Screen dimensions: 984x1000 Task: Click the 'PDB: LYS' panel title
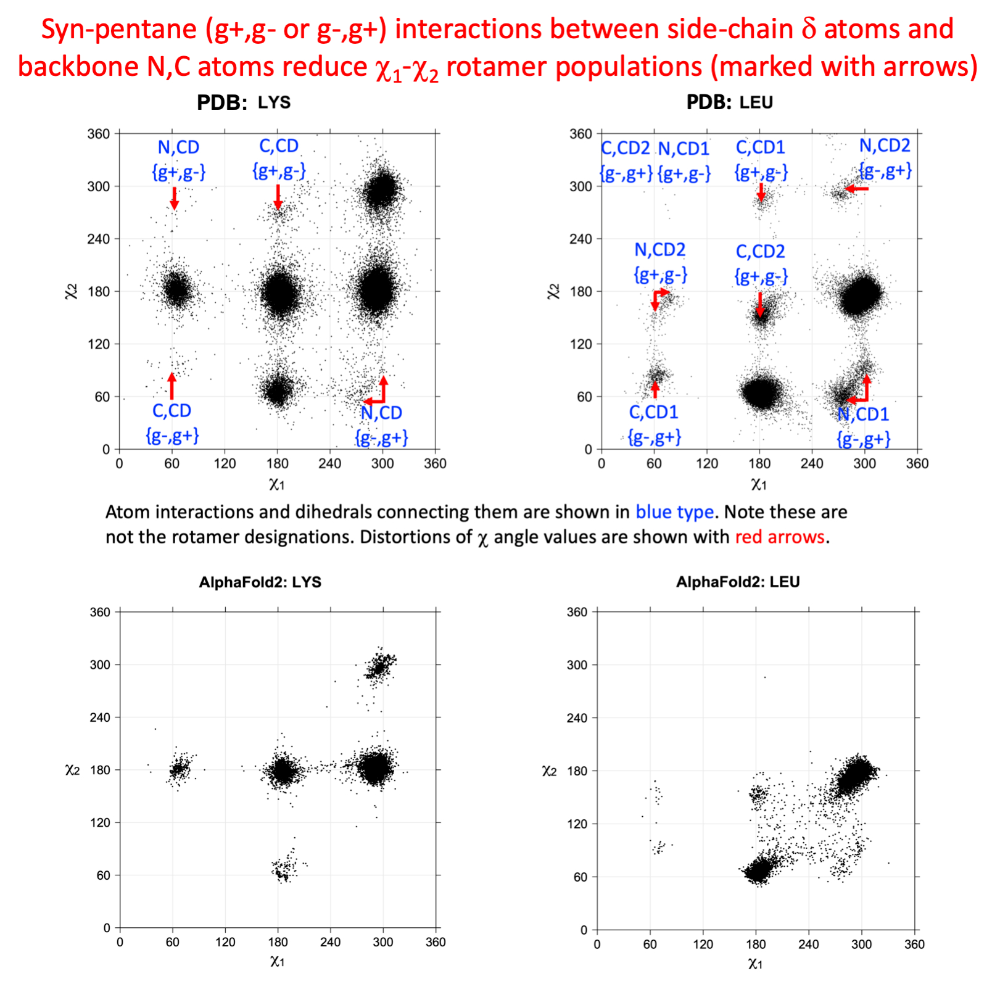(243, 102)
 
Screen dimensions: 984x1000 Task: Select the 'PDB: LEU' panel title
(729, 102)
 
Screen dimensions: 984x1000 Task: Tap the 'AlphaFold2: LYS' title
(260, 582)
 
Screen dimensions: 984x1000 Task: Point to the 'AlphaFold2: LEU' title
(737, 582)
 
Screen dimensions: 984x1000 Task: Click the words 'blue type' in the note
(674, 512)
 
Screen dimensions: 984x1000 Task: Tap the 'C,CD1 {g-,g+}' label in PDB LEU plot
(654, 424)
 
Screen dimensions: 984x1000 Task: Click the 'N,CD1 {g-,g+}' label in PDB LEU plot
(863, 426)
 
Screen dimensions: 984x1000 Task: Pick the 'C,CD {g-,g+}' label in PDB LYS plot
(172, 423)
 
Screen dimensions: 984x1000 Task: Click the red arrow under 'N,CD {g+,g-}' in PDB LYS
(175, 198)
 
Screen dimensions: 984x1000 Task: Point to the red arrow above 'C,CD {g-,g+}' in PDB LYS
(172, 386)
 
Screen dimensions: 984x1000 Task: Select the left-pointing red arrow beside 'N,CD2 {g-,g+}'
(857, 189)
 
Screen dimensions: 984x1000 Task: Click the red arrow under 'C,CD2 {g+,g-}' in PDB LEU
(760, 304)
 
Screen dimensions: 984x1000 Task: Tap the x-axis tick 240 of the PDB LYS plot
(330, 463)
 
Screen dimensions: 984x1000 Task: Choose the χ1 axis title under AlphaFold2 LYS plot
(277, 961)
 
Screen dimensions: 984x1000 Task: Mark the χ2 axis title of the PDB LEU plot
(553, 291)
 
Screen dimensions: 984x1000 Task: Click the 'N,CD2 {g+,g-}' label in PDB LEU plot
(660, 262)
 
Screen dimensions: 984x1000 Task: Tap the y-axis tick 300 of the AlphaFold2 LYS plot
(100, 664)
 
